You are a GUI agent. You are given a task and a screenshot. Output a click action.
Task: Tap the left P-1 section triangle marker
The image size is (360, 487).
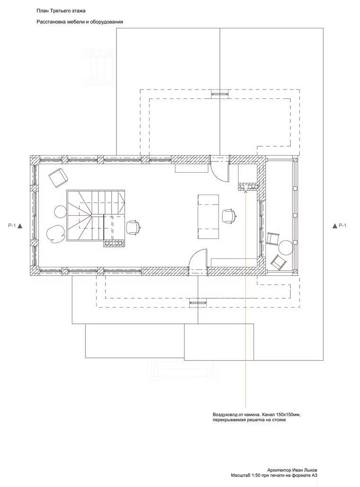click(20, 226)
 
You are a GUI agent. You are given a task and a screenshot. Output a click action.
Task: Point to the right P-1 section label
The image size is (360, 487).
click(342, 226)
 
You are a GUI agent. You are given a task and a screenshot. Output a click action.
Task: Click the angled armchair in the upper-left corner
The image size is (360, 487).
click(58, 177)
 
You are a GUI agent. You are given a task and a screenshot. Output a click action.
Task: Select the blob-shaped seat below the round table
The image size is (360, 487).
click(55, 233)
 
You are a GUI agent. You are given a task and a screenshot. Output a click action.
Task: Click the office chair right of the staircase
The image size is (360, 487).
click(133, 227)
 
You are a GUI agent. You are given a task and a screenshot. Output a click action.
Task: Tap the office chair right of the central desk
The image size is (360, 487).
click(229, 216)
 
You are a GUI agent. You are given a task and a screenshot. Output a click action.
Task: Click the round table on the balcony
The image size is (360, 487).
click(285, 247)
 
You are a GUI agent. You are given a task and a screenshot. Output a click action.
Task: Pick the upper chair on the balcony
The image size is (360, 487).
click(273, 239)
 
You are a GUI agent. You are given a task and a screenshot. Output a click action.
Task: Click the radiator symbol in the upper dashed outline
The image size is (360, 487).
click(220, 94)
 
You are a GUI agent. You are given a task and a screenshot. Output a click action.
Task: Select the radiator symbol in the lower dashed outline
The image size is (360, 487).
click(198, 302)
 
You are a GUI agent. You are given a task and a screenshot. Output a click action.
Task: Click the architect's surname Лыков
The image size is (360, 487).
click(311, 470)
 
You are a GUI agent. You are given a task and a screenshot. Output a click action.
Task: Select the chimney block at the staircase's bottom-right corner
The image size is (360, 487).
click(114, 243)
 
